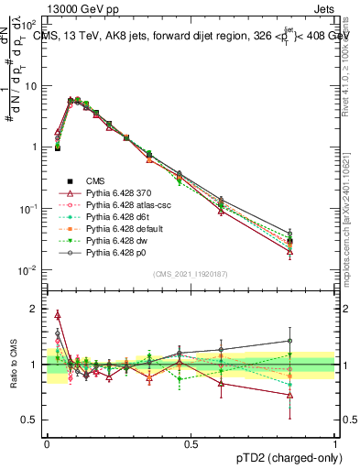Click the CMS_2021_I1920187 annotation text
[x=191, y=273]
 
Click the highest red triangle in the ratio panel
[x=58, y=314]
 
